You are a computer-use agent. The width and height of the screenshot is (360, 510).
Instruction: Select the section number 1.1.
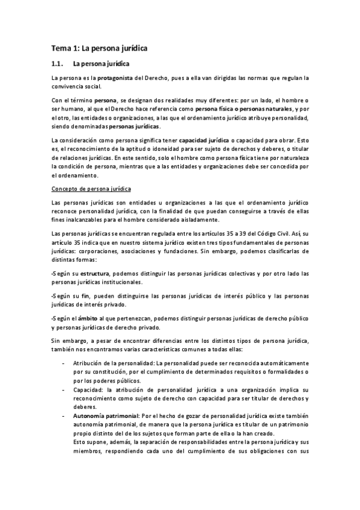(x=57, y=64)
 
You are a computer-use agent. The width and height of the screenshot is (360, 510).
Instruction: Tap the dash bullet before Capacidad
(x=64, y=390)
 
